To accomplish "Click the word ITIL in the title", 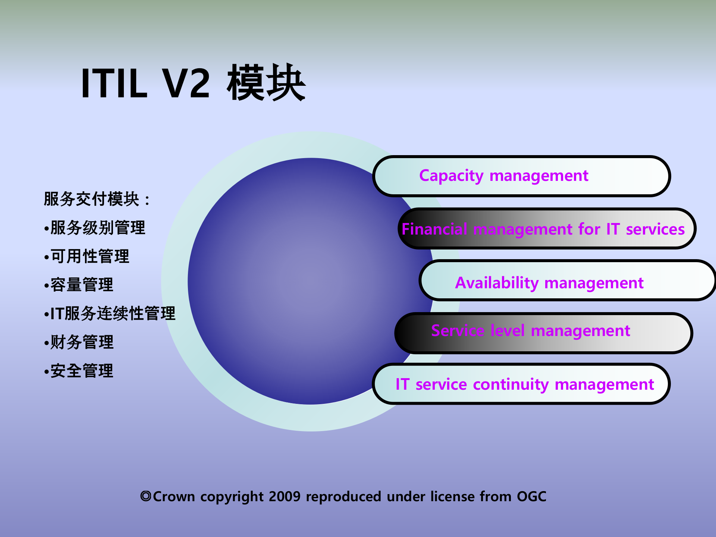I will (x=114, y=84).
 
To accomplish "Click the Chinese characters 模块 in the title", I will (x=266, y=83).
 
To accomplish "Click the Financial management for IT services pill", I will (x=547, y=229).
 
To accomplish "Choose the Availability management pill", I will (x=567, y=282).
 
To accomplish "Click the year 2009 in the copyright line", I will (x=284, y=497).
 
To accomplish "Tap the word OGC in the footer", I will (x=531, y=497).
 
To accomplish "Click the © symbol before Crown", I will (x=146, y=496).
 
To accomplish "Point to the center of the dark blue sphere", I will (x=310, y=282).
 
